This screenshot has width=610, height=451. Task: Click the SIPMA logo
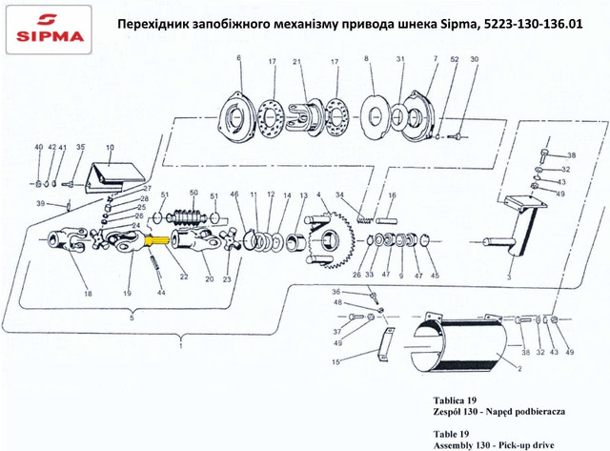(49, 30)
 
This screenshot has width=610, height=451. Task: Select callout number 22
(184, 277)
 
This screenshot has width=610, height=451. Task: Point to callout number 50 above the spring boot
(193, 193)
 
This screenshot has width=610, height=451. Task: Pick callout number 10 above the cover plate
(111, 148)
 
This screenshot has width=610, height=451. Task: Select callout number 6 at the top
(238, 58)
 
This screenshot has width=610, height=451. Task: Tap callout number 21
(297, 61)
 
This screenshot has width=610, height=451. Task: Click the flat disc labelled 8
(375, 115)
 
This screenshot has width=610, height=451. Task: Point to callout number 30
(475, 59)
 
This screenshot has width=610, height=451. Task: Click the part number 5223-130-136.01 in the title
(532, 24)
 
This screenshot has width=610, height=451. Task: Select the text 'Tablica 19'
(455, 400)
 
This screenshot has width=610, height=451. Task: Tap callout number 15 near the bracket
(336, 362)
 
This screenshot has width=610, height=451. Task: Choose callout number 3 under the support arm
(509, 277)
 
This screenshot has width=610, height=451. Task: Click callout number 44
(161, 292)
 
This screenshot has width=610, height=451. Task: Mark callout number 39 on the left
(40, 203)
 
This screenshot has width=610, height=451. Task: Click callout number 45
(435, 276)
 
